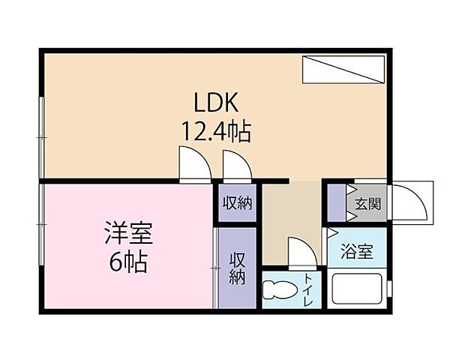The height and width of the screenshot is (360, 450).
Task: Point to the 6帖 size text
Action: coord(128,262)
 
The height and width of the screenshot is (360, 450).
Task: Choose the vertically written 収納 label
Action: coord(238,268)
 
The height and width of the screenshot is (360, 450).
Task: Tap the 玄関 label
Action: coord(368,202)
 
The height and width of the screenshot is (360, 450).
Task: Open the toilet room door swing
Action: coord(301,253)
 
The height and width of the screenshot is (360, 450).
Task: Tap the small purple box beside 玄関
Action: coord(335,202)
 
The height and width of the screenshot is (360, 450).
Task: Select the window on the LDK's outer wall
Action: coord(41,127)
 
